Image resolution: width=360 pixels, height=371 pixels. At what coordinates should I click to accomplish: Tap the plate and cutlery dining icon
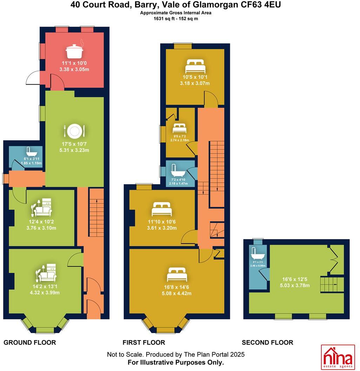tap(74, 131)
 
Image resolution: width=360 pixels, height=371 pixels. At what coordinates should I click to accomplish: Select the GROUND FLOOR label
tap(30, 343)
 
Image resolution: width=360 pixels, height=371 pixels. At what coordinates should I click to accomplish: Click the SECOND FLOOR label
tap(267, 343)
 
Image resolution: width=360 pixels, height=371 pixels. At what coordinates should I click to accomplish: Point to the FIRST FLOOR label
tap(144, 343)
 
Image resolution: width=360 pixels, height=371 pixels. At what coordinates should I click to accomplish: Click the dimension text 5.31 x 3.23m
tap(74, 150)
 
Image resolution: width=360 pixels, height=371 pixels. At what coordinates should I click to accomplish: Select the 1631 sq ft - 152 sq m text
tap(173, 19)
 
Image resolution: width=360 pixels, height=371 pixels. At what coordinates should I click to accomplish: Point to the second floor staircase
tap(331, 284)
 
